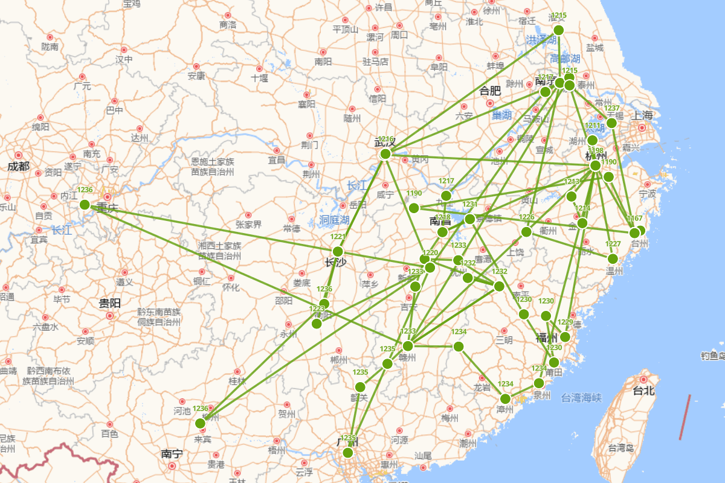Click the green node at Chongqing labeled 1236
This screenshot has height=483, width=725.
pos(85,205)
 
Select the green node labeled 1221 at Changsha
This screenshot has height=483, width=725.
pos(338,251)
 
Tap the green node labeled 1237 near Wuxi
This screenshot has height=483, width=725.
pos(611,123)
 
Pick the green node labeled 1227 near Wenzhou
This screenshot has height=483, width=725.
pos(613,258)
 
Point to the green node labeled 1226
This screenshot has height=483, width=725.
pos(526,232)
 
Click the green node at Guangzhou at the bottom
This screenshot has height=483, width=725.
pos(347,453)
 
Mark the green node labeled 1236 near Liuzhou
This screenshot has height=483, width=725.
pos(200,423)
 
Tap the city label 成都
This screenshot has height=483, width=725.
pos(18,166)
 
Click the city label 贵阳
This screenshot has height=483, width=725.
pos(109,303)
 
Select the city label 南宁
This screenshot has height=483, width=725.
pos(172,453)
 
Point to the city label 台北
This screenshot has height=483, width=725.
pos(643,391)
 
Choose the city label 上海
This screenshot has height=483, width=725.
pos(643,115)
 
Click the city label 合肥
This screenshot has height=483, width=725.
pos(490,91)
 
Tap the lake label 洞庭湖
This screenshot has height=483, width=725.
pos(334,220)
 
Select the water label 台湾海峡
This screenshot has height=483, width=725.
pos(581,397)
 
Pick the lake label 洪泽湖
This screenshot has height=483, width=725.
pos(541,40)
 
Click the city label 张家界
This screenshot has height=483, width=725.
pos(248,225)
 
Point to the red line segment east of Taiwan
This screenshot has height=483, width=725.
pos(685,417)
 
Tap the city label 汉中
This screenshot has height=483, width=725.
pos(124,59)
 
